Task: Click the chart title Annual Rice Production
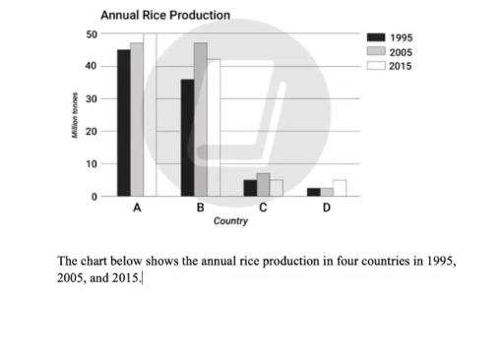click(x=165, y=16)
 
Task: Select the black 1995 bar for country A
click(x=123, y=123)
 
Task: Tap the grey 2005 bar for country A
click(x=137, y=119)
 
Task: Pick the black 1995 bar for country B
click(x=187, y=138)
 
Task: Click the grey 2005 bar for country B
click(x=201, y=119)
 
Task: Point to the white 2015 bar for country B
click(x=214, y=128)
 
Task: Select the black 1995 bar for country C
click(x=250, y=188)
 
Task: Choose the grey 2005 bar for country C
click(x=263, y=185)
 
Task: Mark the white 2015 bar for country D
click(x=340, y=188)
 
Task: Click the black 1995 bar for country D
click(x=313, y=192)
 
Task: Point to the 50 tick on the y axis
click(x=92, y=34)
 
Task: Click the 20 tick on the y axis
click(x=92, y=131)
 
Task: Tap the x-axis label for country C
click(x=263, y=208)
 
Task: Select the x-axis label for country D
click(x=326, y=208)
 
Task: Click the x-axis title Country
click(x=230, y=221)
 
